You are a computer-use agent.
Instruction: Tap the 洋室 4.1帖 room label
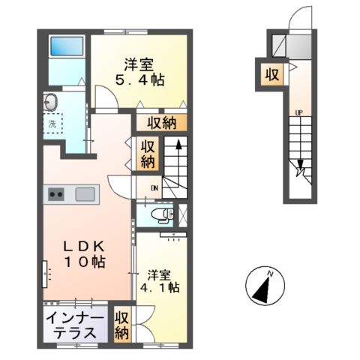[162, 280]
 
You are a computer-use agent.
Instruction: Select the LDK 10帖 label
[82, 253]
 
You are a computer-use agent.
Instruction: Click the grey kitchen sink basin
[84, 194]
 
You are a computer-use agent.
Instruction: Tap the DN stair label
[154, 187]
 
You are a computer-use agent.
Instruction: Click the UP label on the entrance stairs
[298, 113]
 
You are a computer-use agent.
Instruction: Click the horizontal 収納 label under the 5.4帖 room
[162, 121]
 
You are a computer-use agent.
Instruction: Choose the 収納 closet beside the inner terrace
[121, 324]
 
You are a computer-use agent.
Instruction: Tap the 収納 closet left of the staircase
[148, 153]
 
